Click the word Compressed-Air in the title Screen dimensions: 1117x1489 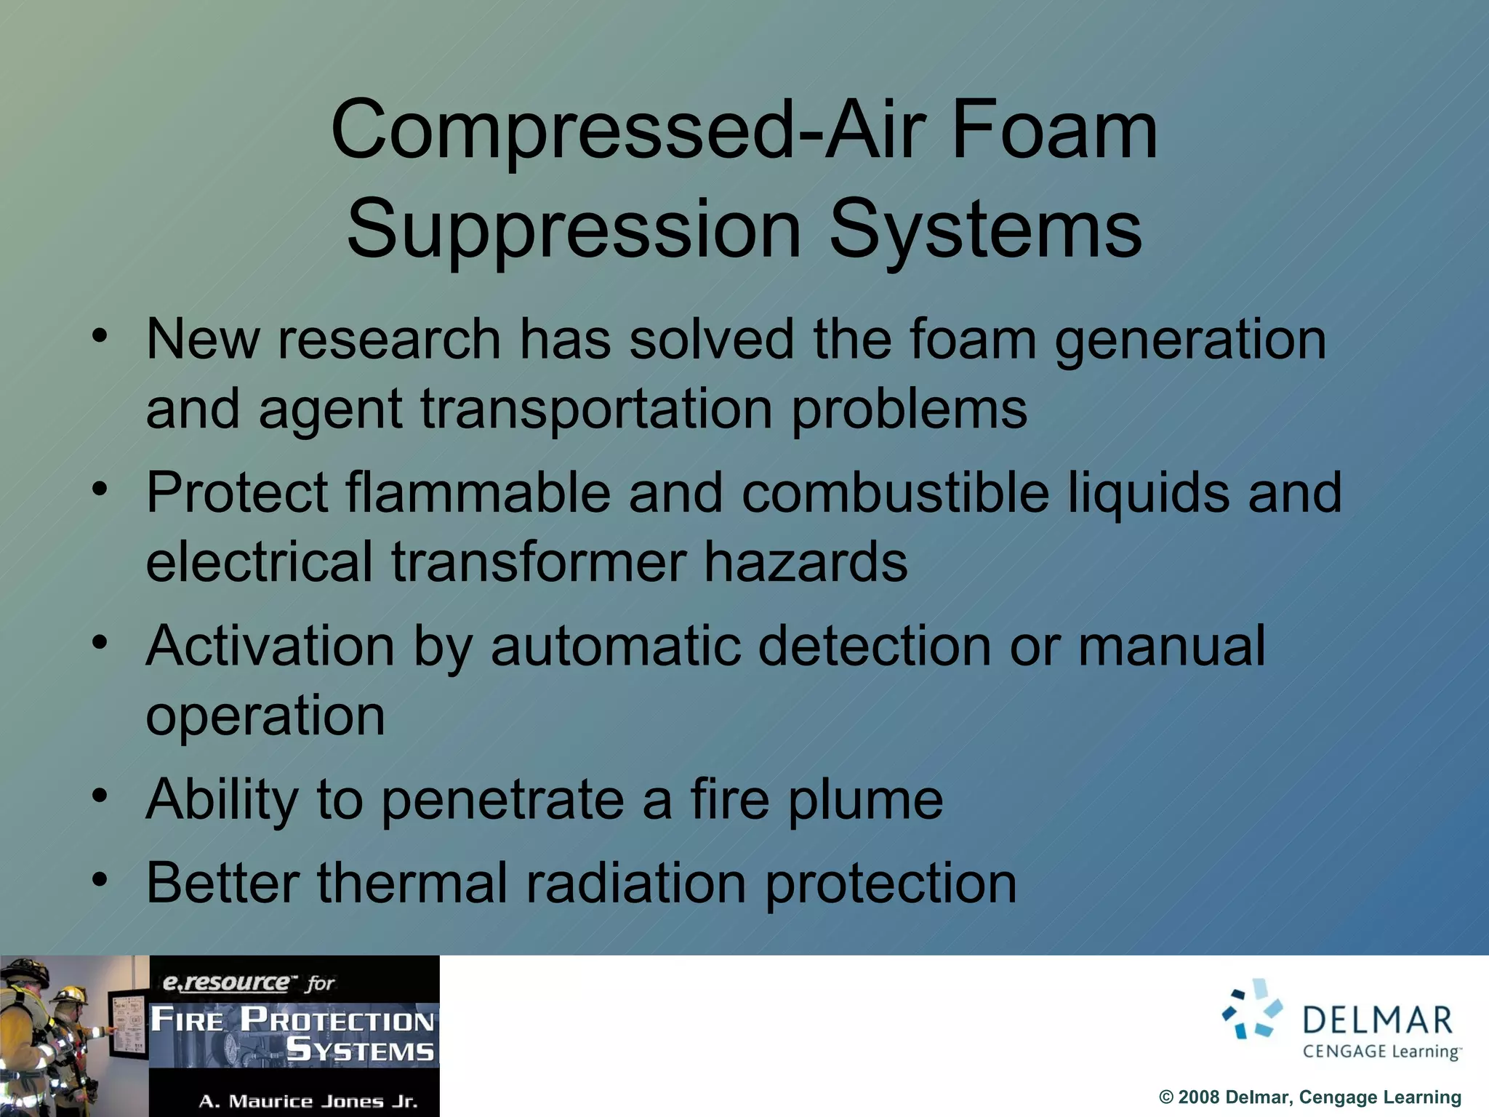[x=626, y=131]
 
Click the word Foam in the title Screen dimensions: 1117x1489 [x=1053, y=131]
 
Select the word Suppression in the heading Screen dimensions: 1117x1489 [x=574, y=230]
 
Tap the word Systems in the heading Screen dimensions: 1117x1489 [x=985, y=230]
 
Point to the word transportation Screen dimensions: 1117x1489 [x=596, y=409]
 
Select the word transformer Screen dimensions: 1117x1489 [x=539, y=562]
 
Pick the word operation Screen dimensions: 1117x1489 [x=265, y=717]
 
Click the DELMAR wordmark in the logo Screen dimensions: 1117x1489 [x=1377, y=1020]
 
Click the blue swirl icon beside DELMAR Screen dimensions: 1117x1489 [x=1252, y=1010]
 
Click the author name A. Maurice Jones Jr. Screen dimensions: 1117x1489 [x=308, y=1101]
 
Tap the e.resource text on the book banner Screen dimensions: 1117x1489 [x=225, y=983]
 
